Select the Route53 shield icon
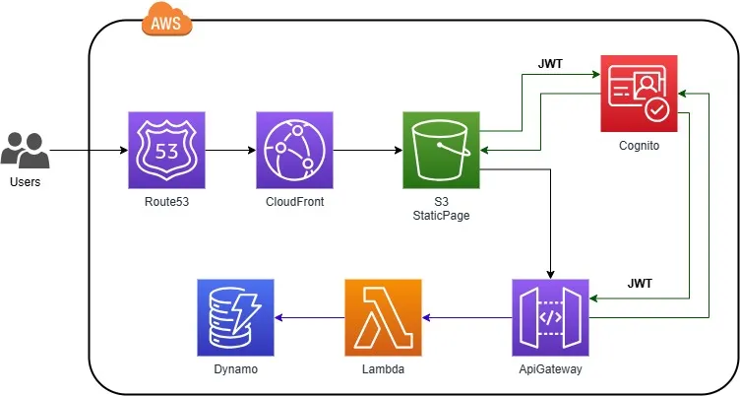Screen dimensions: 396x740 click(166, 150)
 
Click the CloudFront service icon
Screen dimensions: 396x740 click(293, 150)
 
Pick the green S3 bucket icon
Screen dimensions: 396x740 click(441, 150)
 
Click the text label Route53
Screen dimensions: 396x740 click(166, 202)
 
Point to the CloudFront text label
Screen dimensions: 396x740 click(293, 202)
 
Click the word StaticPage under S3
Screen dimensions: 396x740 click(441, 216)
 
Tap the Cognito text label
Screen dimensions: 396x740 click(639, 145)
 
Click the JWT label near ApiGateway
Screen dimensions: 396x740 click(641, 284)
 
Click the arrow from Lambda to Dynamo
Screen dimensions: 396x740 click(310, 317)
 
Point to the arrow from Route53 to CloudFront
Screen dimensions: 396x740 click(230, 151)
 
